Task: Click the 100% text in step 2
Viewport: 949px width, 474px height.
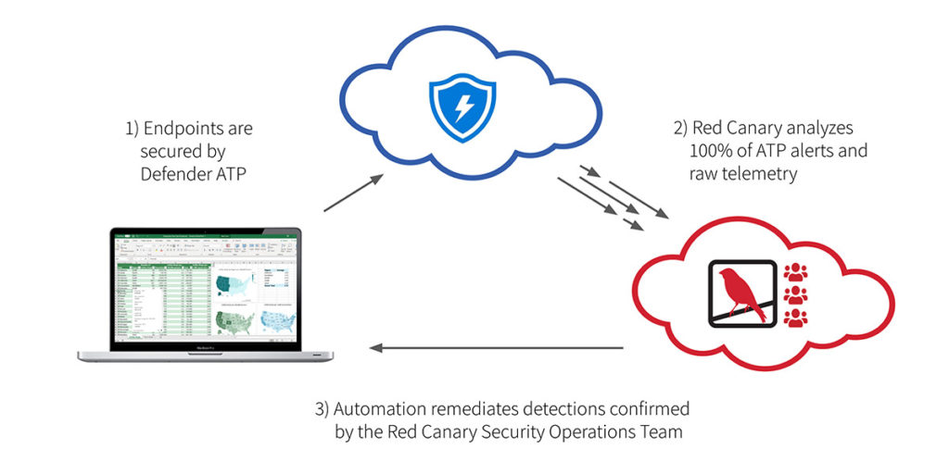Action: click(709, 150)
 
